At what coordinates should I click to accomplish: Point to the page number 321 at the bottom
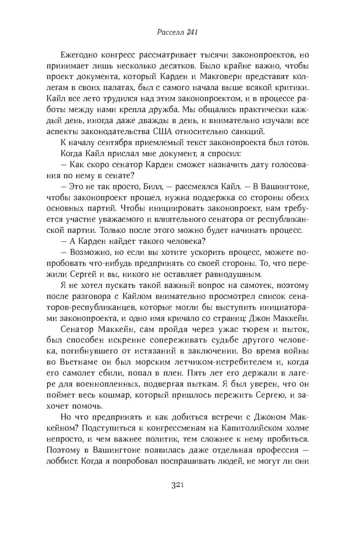(x=180, y=502)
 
